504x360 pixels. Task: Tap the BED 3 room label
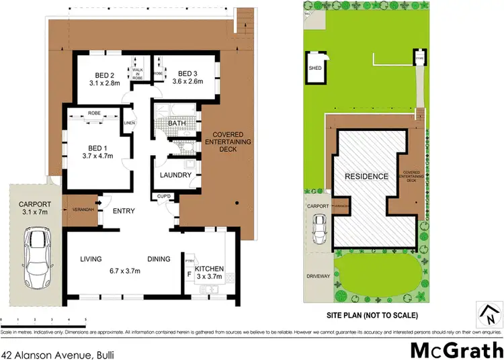pos(187,73)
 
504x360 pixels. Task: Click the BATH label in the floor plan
pos(177,124)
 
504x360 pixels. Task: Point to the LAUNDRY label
pos(177,175)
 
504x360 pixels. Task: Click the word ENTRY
pos(124,211)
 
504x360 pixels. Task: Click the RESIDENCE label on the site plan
pos(367,177)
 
